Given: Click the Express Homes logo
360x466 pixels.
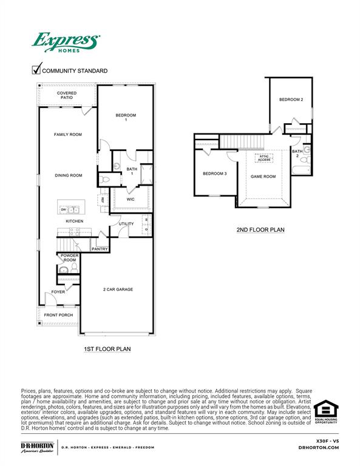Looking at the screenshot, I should (65, 44).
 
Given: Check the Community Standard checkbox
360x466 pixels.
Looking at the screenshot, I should (36, 70).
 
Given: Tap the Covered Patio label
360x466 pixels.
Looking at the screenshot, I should (67, 95).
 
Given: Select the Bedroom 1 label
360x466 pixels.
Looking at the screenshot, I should (126, 117).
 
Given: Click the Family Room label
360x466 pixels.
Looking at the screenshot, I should (67, 135).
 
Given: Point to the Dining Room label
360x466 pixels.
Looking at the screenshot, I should (68, 175).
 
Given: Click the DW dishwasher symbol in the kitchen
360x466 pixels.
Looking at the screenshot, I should (63, 210).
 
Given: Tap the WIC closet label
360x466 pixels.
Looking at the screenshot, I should (131, 199).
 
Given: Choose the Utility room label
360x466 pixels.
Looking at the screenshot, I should (126, 224).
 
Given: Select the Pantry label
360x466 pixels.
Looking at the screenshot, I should (99, 249).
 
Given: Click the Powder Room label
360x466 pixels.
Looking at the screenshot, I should (69, 258).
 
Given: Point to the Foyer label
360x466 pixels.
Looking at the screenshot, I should (58, 292).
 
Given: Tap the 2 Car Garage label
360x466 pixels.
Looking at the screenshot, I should (118, 289).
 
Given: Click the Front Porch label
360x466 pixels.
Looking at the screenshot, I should (58, 316).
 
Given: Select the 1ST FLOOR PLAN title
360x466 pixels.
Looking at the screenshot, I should (107, 349).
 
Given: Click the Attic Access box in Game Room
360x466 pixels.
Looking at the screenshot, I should (264, 158).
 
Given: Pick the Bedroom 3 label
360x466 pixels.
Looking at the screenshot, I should (214, 174).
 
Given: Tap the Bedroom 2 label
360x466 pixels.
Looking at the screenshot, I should (291, 100).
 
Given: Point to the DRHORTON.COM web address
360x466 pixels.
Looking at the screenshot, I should (319, 447).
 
